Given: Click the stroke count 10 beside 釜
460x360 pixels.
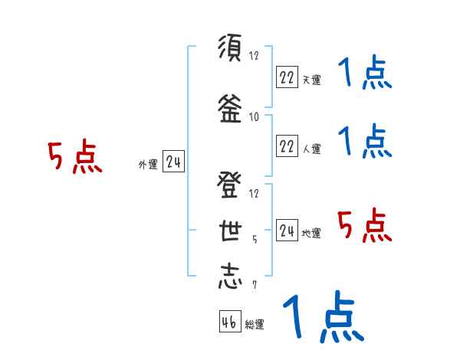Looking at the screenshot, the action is click(254, 116).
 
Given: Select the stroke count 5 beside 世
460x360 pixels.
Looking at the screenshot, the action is click(255, 238).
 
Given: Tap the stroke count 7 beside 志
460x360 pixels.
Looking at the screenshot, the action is click(255, 285).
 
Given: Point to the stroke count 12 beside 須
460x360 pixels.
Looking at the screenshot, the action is click(254, 55).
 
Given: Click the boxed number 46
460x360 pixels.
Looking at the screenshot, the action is click(229, 322).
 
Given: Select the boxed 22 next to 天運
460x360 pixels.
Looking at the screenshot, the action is click(287, 77).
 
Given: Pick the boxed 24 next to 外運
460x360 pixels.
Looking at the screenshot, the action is click(173, 162).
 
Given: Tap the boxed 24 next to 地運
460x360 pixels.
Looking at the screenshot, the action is click(287, 231).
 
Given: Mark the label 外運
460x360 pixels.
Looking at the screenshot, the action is click(147, 164).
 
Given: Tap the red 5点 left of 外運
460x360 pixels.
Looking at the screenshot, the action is click(74, 158).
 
